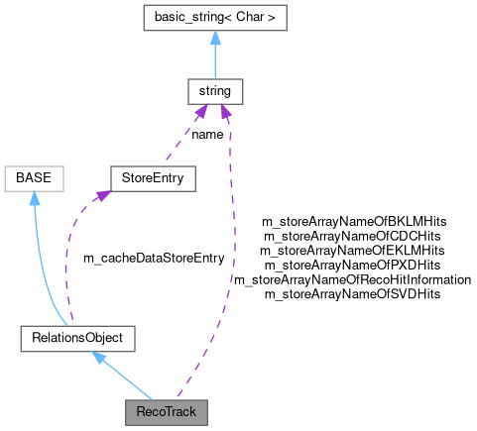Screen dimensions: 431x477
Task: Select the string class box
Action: coord(215,91)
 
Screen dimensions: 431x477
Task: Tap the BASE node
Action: coord(35,178)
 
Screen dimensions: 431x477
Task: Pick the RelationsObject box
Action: coord(77,338)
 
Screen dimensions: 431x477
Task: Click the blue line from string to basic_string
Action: coord(215,59)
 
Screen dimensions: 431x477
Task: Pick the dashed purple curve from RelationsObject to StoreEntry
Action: coord(67,258)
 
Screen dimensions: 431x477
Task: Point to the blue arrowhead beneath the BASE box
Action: coord(35,198)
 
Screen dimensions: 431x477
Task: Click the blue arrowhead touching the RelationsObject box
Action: coord(99,357)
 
